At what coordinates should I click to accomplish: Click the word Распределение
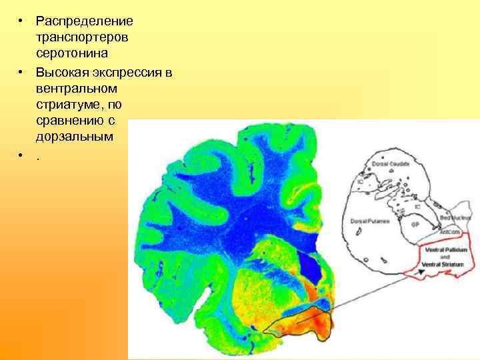click(85, 21)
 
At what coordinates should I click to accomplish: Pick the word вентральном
click(77, 88)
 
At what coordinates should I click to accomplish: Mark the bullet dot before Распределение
click(21, 21)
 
